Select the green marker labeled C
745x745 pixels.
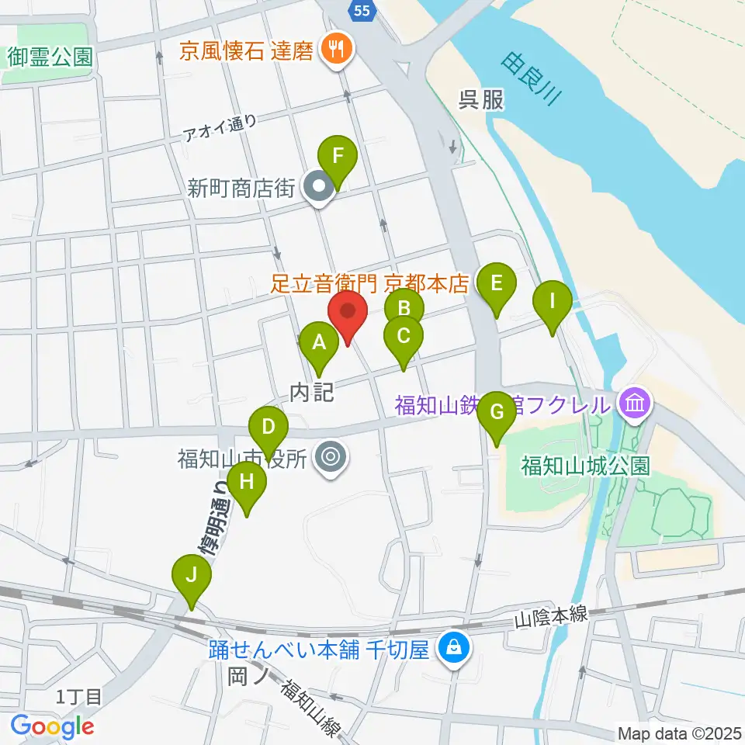point(404,336)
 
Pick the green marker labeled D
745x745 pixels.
point(269,427)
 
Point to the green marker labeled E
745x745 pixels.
point(497,284)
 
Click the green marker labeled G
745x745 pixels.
point(497,412)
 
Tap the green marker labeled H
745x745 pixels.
point(247,482)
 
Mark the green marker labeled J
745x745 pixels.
point(191,575)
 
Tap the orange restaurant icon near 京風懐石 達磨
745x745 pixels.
point(337,50)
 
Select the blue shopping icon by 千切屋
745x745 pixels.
point(454,646)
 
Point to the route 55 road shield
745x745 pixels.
point(362,10)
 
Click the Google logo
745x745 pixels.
point(52,726)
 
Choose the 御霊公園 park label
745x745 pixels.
point(51,57)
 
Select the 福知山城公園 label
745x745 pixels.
point(585,466)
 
